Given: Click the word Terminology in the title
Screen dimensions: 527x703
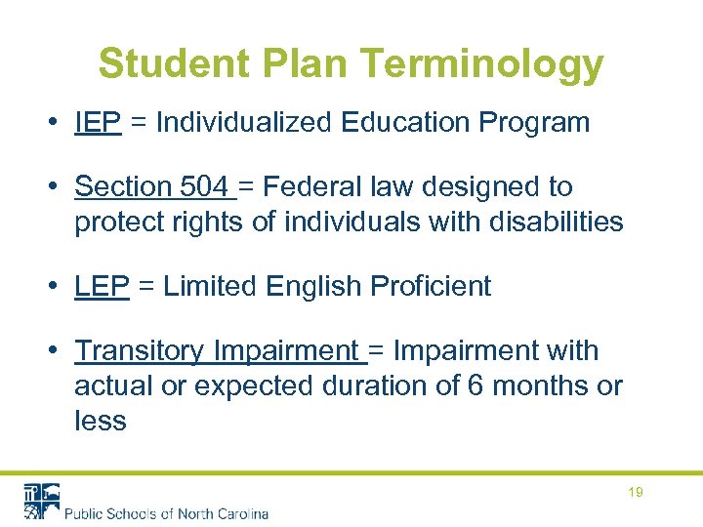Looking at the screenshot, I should [482, 64].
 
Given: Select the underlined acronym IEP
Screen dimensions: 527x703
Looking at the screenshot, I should [98, 123].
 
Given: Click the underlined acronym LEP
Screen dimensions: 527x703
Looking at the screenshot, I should [102, 287].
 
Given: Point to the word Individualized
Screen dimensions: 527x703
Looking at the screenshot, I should [245, 123].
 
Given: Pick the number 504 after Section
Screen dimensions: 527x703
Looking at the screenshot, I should [206, 186].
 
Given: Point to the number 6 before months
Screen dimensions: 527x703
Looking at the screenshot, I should [476, 385].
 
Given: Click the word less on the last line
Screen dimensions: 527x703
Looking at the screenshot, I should [100, 421].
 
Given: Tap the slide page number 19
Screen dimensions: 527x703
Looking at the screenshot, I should [635, 493].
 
